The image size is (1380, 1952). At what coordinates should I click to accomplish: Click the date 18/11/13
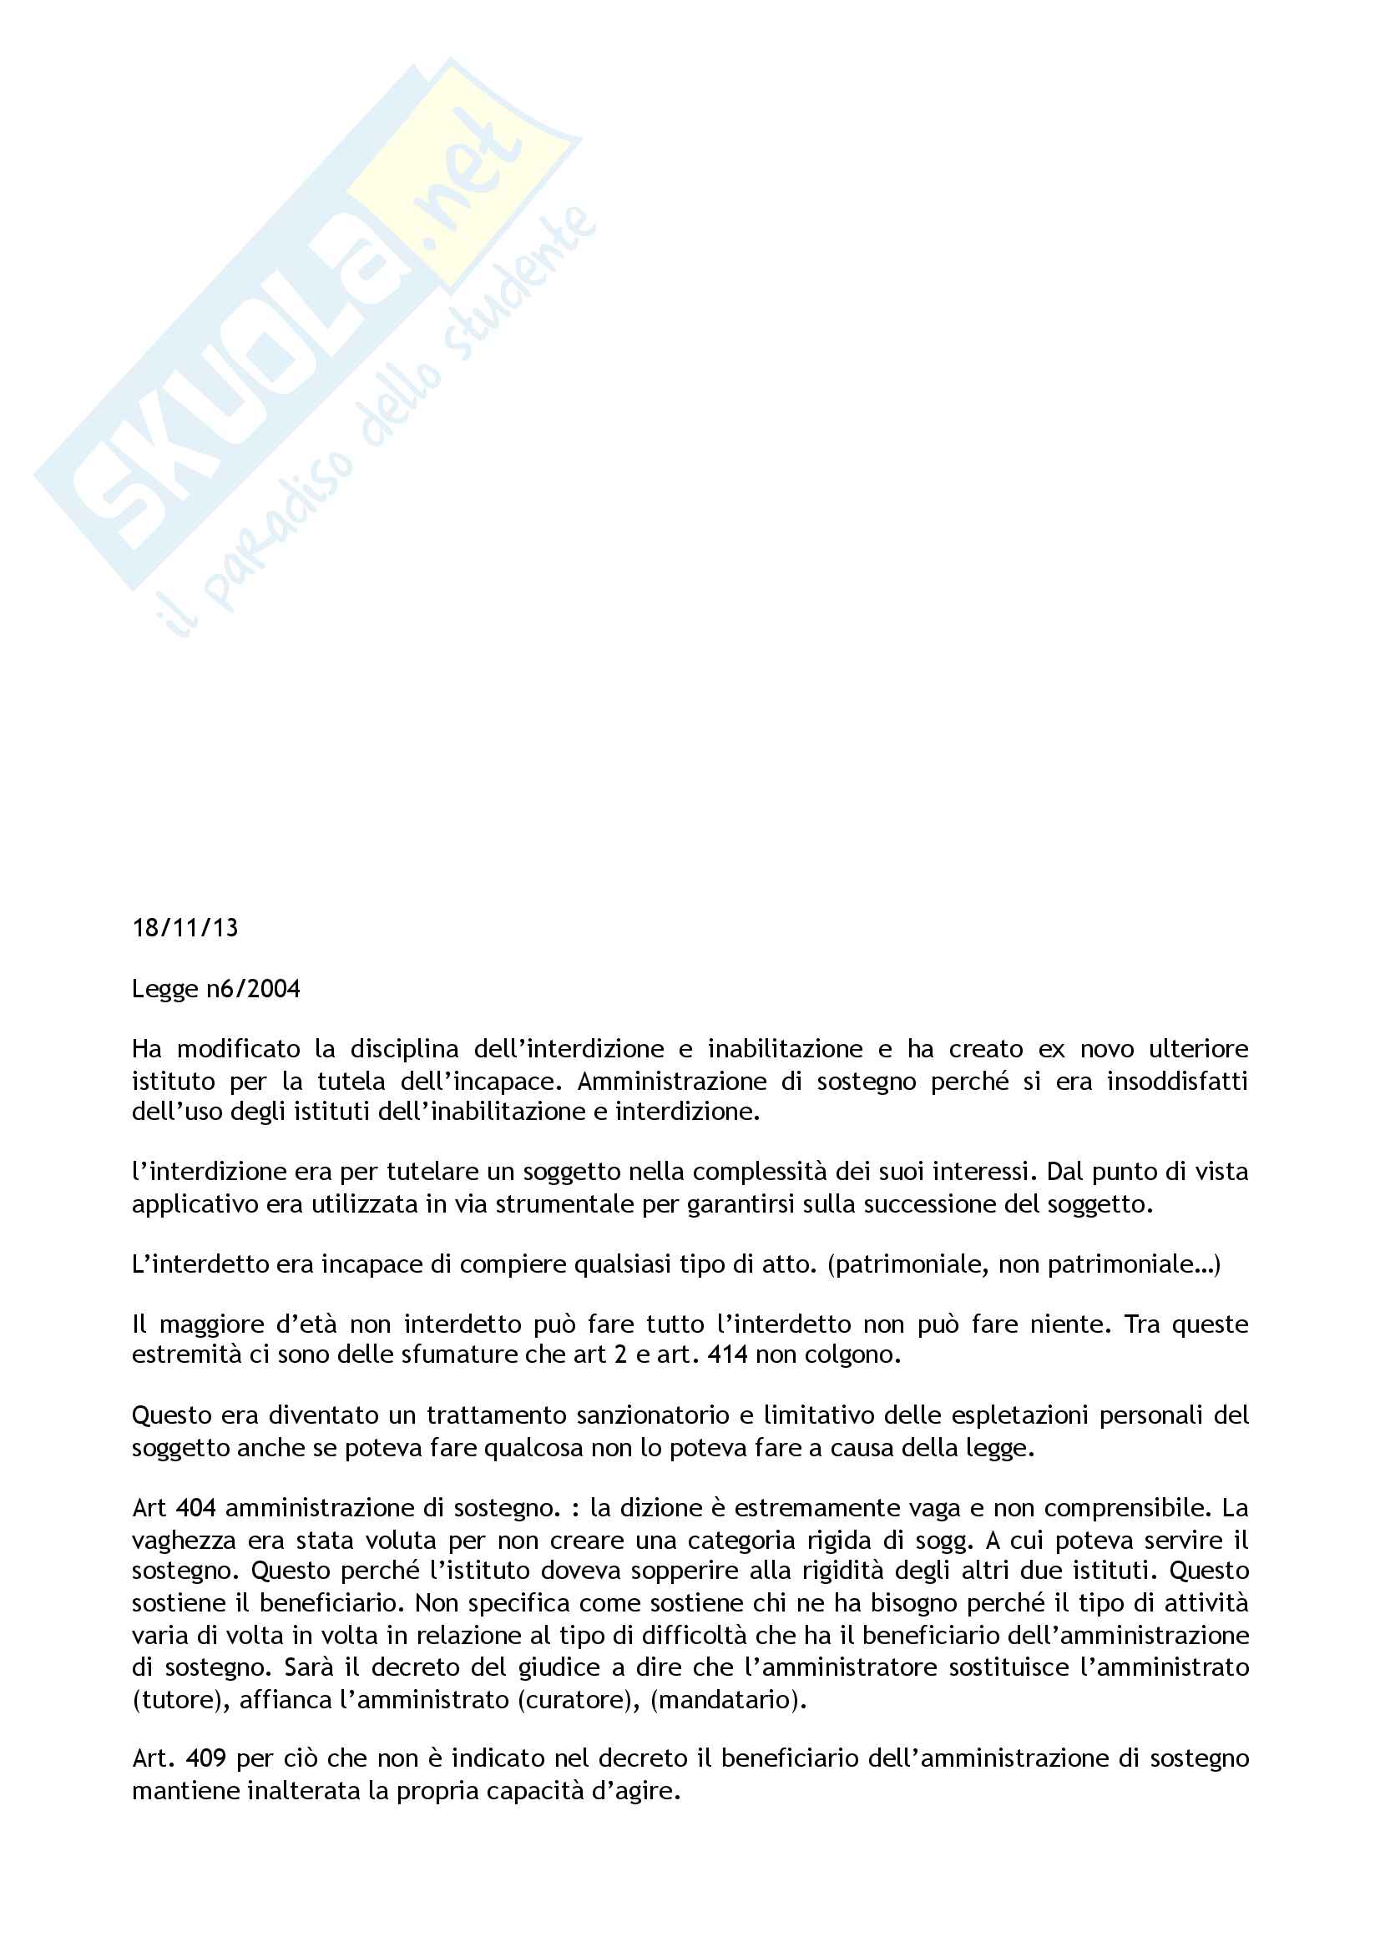185,927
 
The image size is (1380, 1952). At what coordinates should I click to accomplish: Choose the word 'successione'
928,1204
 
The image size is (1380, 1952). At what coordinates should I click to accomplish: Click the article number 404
195,1508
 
